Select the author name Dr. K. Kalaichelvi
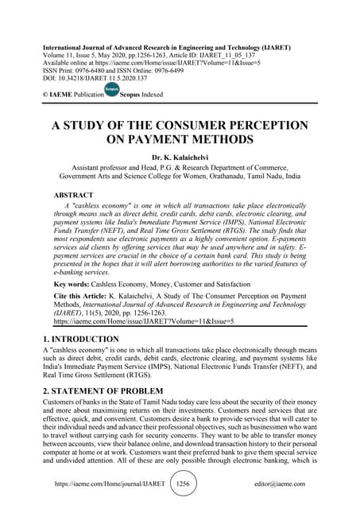tap(180, 158)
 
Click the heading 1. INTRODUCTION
tap(83, 340)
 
